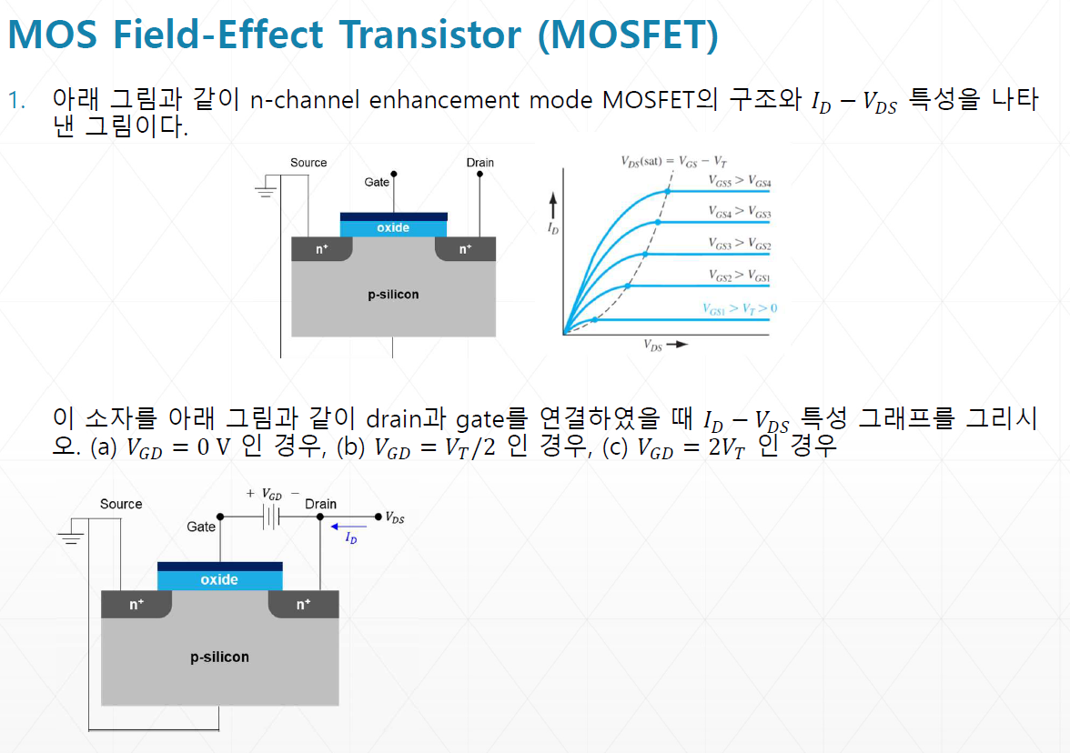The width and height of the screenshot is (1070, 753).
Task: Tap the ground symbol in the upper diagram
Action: pos(266,192)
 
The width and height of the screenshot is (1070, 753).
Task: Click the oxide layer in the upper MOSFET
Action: pos(393,228)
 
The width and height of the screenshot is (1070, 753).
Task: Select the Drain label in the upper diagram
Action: pos(480,163)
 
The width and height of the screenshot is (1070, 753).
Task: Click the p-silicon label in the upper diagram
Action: pos(393,295)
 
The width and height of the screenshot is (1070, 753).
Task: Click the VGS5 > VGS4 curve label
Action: pos(740,181)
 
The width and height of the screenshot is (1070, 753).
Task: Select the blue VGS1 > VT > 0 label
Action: pos(740,308)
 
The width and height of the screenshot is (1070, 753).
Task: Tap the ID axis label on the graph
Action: pos(552,228)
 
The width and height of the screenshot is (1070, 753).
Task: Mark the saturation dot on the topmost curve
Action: pos(669,191)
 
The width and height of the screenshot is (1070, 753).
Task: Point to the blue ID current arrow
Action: pos(349,527)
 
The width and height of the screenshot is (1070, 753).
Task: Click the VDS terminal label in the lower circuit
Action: pos(395,517)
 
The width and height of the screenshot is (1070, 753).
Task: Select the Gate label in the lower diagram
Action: pos(201,527)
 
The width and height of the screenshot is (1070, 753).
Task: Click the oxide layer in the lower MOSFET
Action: pos(219,579)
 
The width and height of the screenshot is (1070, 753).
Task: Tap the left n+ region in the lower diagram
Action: pos(136,604)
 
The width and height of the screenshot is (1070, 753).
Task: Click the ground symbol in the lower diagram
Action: pos(70,537)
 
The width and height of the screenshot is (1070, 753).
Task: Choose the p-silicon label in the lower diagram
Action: pos(219,657)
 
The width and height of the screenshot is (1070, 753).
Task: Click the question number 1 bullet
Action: pos(15,100)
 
